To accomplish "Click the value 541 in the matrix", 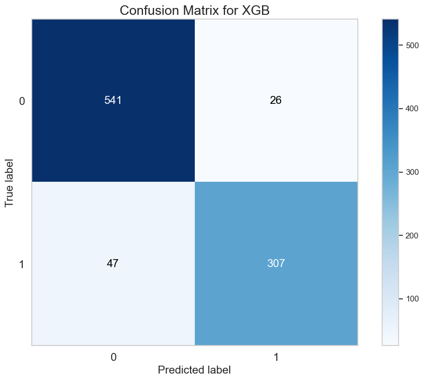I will pos(113,101).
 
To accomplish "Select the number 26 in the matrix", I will pos(276,101).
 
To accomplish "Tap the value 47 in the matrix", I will pos(113,263).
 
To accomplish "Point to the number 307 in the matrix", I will pos(276,263).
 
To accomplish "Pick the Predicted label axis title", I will pos(194,370).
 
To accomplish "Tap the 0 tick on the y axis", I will pos(22,101).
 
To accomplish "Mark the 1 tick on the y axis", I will pos(22,264).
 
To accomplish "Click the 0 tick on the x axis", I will pos(113,358).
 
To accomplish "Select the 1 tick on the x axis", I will pos(276,358).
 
